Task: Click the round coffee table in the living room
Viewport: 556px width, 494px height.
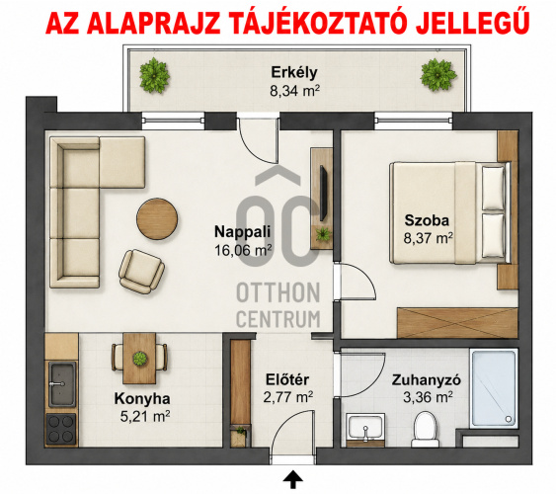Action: (157, 218)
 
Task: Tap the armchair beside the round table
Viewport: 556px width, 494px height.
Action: (141, 272)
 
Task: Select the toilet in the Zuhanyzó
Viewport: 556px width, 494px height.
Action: (426, 430)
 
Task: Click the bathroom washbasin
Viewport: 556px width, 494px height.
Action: (366, 428)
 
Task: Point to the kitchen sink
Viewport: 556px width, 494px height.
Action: (62, 384)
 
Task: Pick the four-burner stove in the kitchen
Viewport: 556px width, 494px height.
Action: (60, 429)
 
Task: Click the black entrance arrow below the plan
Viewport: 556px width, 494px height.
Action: (293, 480)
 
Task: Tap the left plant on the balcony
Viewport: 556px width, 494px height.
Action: (154, 75)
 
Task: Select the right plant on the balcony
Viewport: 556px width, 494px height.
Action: (437, 75)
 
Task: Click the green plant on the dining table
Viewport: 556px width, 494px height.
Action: (139, 359)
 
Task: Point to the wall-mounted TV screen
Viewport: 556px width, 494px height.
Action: (323, 193)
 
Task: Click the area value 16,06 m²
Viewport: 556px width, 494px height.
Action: (243, 250)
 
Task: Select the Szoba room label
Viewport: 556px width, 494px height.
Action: (427, 220)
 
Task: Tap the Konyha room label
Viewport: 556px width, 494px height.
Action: (142, 398)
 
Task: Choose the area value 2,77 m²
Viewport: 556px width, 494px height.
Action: (287, 397)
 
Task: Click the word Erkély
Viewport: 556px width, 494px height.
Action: (294, 73)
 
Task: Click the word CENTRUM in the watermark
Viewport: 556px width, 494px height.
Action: (278, 318)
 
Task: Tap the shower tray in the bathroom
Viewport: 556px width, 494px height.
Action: (493, 388)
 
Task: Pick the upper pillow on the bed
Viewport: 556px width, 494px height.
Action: (493, 188)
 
